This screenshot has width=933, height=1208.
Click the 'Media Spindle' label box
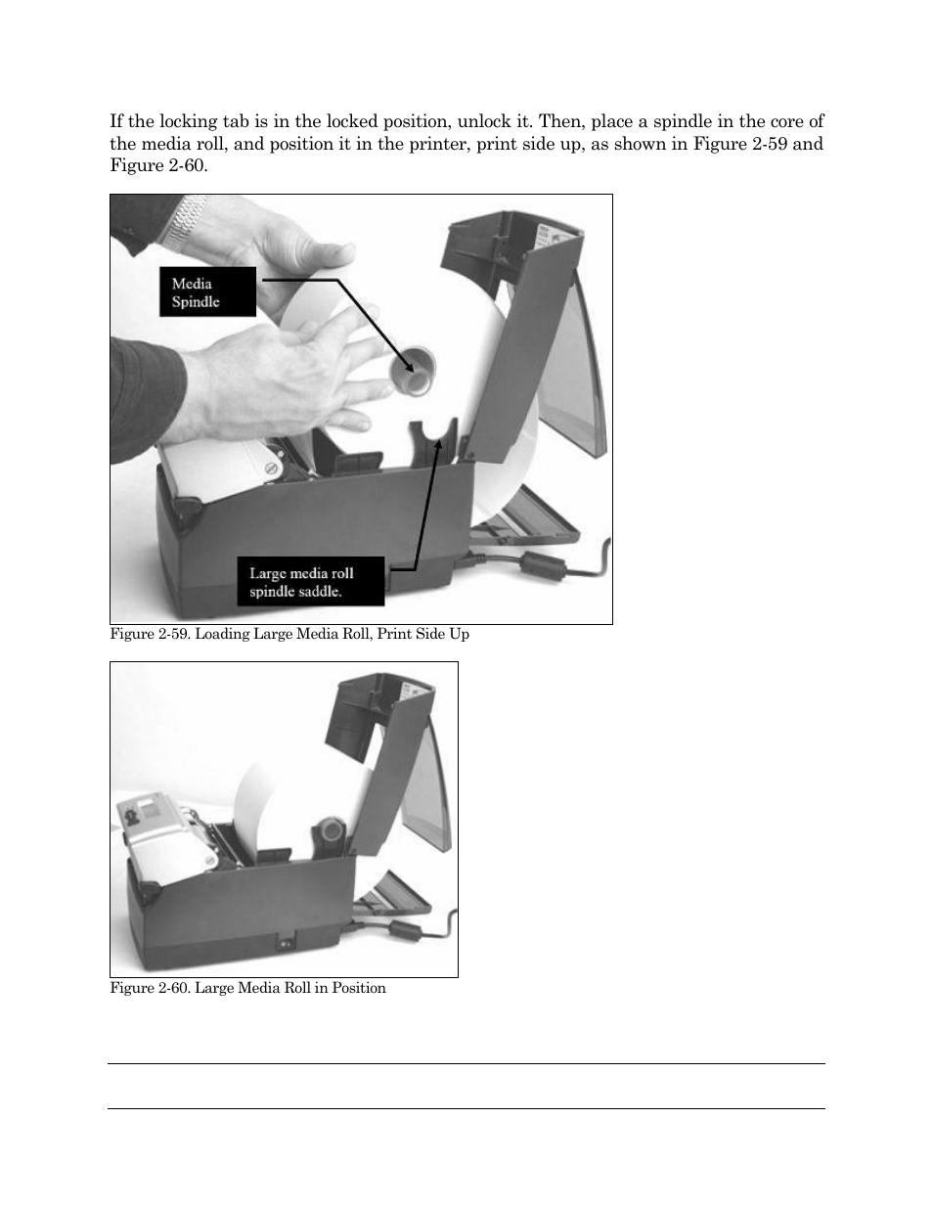pos(207,292)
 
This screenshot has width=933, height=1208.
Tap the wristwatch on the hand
pos(186,221)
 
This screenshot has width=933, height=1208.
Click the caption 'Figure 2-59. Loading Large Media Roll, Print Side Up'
pos(289,634)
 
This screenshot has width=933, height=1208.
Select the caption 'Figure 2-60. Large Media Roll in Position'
pos(247,988)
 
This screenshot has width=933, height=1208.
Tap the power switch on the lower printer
pos(288,945)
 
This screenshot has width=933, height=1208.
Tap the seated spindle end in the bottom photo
pos(332,831)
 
